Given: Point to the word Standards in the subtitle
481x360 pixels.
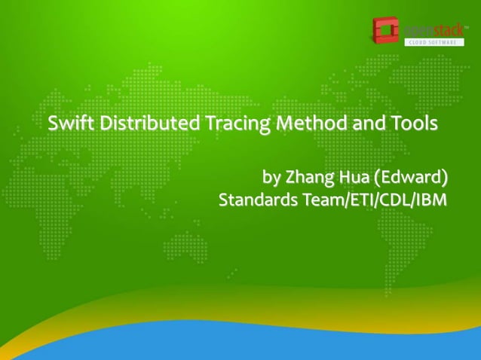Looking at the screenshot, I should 255,201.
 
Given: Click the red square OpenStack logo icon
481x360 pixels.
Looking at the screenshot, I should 384,31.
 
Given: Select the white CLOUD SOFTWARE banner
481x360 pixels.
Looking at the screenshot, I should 434,42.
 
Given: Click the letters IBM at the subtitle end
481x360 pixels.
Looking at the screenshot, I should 431,201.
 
